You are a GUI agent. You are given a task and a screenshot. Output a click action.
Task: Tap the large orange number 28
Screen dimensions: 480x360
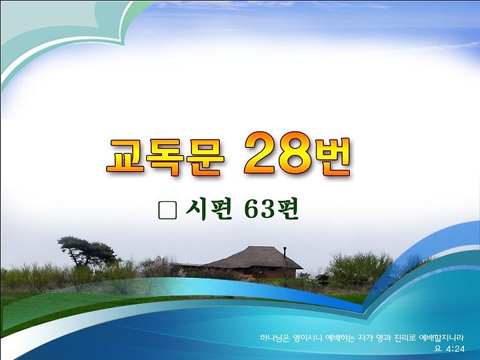[277, 154]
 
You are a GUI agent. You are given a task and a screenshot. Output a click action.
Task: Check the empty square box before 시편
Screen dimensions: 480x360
[168, 211]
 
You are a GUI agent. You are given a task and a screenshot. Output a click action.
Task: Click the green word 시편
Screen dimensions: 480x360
[209, 210]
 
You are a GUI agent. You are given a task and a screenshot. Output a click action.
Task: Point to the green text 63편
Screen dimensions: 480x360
[271, 210]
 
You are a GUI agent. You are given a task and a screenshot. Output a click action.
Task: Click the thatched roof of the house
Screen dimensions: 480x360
[253, 257]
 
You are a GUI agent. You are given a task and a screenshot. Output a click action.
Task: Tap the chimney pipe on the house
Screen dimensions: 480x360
[285, 253]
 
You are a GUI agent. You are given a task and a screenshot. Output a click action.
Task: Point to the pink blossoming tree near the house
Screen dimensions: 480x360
[160, 266]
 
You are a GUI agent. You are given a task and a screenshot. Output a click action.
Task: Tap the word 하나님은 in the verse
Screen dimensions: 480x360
[274, 338]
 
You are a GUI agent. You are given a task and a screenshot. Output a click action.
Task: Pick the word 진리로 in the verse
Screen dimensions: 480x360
[405, 338]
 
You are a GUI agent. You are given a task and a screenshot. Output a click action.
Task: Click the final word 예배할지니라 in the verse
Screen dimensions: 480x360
[441, 338]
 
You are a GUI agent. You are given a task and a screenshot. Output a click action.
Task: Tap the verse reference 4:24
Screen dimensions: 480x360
[455, 349]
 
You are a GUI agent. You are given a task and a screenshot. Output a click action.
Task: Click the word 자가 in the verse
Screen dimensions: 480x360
[365, 338]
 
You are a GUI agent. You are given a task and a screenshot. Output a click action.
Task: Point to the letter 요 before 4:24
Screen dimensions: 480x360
[438, 349]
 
